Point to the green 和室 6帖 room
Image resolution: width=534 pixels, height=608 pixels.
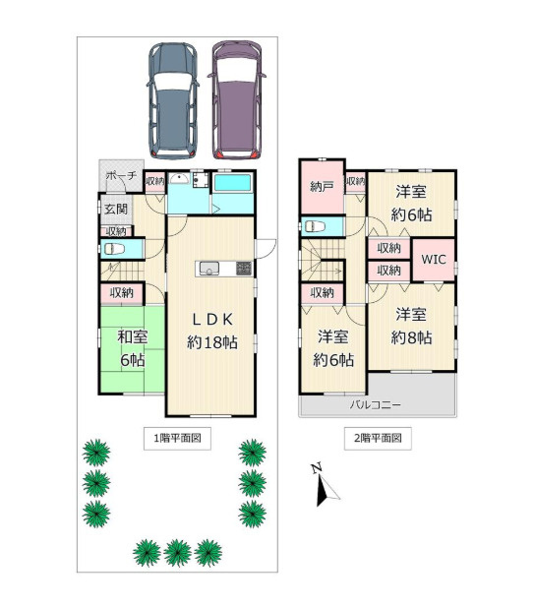coord(132,349)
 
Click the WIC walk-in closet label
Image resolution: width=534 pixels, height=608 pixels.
coord(434,260)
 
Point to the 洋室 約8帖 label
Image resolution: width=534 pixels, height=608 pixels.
coord(411,326)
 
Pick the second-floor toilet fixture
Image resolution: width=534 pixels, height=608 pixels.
coord(316,225)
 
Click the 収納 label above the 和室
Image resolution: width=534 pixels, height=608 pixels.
coord(121,292)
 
